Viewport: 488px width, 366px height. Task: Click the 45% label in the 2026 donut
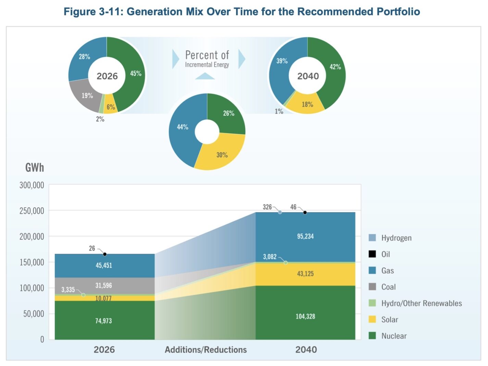[136, 73]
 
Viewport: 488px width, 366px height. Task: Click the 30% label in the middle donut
[222, 155]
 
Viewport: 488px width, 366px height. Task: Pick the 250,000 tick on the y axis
[32, 211]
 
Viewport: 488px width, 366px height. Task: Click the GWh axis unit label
[35, 168]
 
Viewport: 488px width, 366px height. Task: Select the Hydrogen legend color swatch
[372, 237]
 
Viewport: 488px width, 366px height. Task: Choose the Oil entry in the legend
[386, 254]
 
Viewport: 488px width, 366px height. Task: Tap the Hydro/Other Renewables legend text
[421, 303]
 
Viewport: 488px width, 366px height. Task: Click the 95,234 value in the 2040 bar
[305, 236]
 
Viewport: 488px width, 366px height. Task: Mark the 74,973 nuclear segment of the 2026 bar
[103, 321]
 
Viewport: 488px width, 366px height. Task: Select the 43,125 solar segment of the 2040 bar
[305, 273]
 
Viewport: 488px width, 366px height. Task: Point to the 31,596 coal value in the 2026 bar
[103, 285]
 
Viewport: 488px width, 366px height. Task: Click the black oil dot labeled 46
[305, 212]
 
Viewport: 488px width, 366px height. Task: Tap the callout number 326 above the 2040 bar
[267, 207]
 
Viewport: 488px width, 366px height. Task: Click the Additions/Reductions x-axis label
[205, 350]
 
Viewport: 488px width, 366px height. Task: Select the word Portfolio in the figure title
[398, 11]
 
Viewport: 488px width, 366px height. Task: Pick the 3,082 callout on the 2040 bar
[270, 257]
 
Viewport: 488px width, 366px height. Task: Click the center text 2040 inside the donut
[308, 76]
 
